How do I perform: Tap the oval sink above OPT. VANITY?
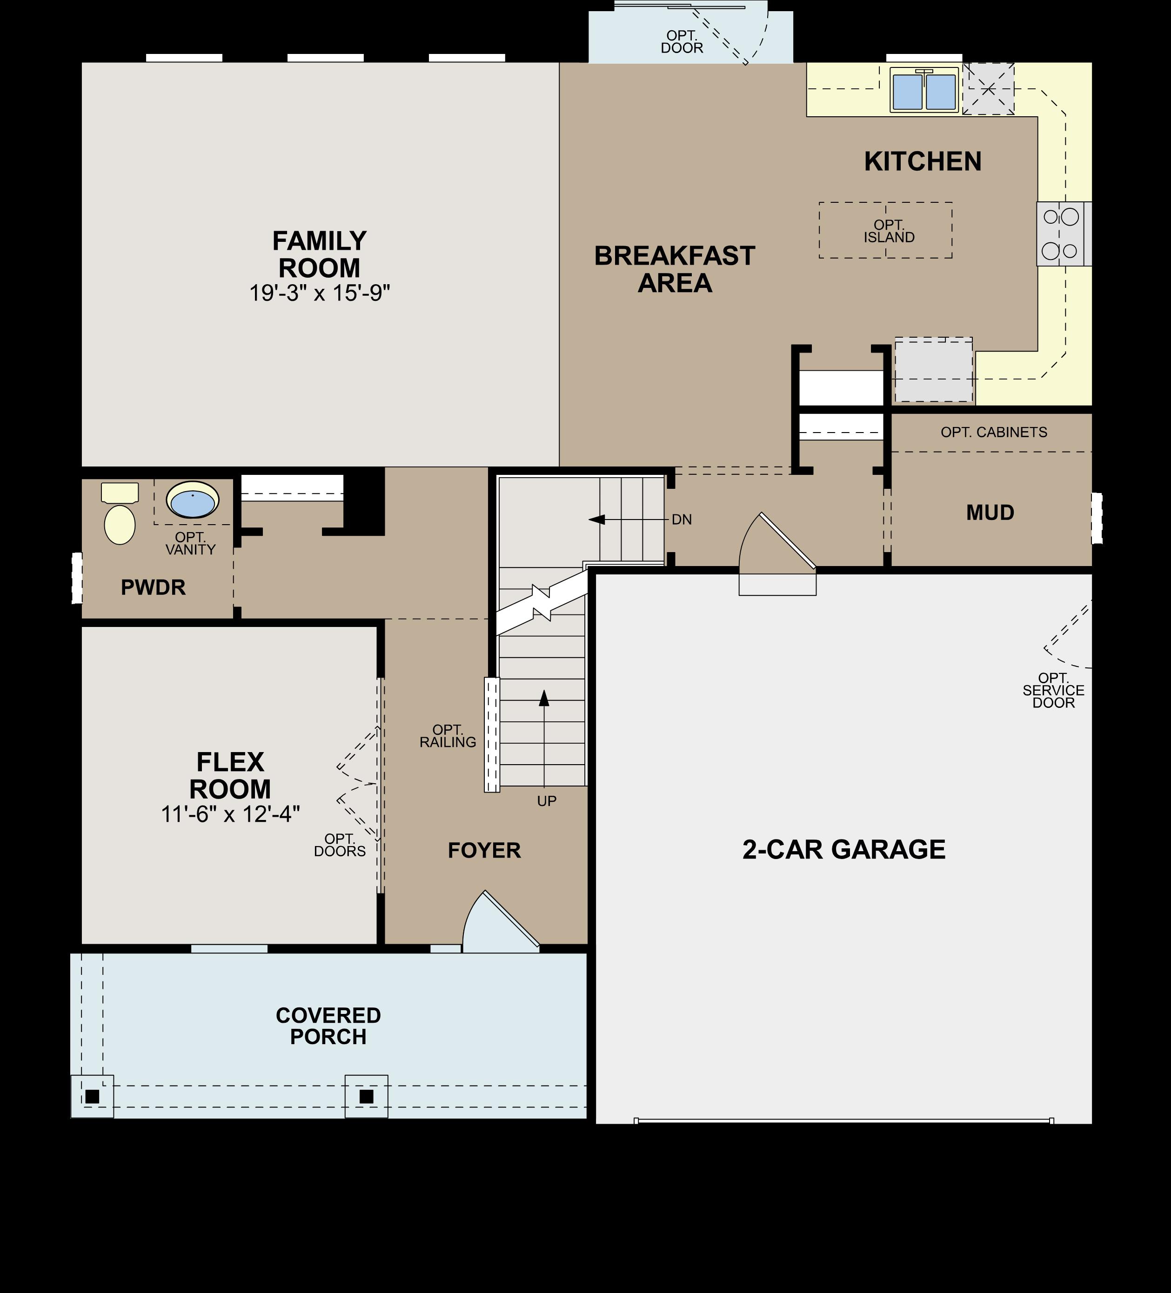tap(193, 500)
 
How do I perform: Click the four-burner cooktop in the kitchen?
tap(1060, 234)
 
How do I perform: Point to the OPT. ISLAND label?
tap(889, 231)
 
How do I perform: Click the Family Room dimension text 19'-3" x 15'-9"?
tap(320, 293)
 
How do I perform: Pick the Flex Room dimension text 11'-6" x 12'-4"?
tap(230, 814)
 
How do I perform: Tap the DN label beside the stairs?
tap(682, 520)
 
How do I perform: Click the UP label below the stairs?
tap(547, 800)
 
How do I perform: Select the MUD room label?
tap(990, 513)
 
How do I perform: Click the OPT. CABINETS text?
tap(994, 432)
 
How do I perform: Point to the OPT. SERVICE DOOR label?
tap(1053, 690)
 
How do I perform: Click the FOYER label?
tap(484, 851)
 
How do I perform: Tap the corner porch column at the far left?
tap(92, 1096)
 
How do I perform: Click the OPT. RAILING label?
tap(448, 736)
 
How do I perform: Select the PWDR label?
tap(154, 587)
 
